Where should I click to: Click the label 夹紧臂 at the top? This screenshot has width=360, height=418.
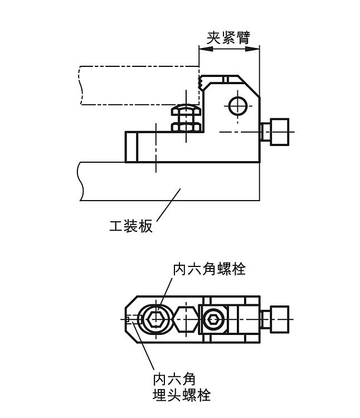228,37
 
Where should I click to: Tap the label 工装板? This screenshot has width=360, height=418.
131,226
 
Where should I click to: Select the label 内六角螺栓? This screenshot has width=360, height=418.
209,269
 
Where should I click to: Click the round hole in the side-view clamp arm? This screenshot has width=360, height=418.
237,105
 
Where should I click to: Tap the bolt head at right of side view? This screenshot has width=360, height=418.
275,132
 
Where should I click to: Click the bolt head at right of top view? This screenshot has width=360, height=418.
275,319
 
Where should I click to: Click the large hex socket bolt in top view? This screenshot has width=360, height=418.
156,320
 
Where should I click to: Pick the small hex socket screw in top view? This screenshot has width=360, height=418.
213,320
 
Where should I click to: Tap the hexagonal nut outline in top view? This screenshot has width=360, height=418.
184,320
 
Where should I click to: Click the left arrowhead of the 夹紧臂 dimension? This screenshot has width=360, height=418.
203,49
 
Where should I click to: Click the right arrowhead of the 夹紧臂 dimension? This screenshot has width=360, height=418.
255,49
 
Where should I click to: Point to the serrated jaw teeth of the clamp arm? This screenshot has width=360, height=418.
201,84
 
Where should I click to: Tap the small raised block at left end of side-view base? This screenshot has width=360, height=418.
131,147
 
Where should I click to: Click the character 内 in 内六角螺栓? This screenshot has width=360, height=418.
179,269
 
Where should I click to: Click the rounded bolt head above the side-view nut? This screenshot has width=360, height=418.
185,109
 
